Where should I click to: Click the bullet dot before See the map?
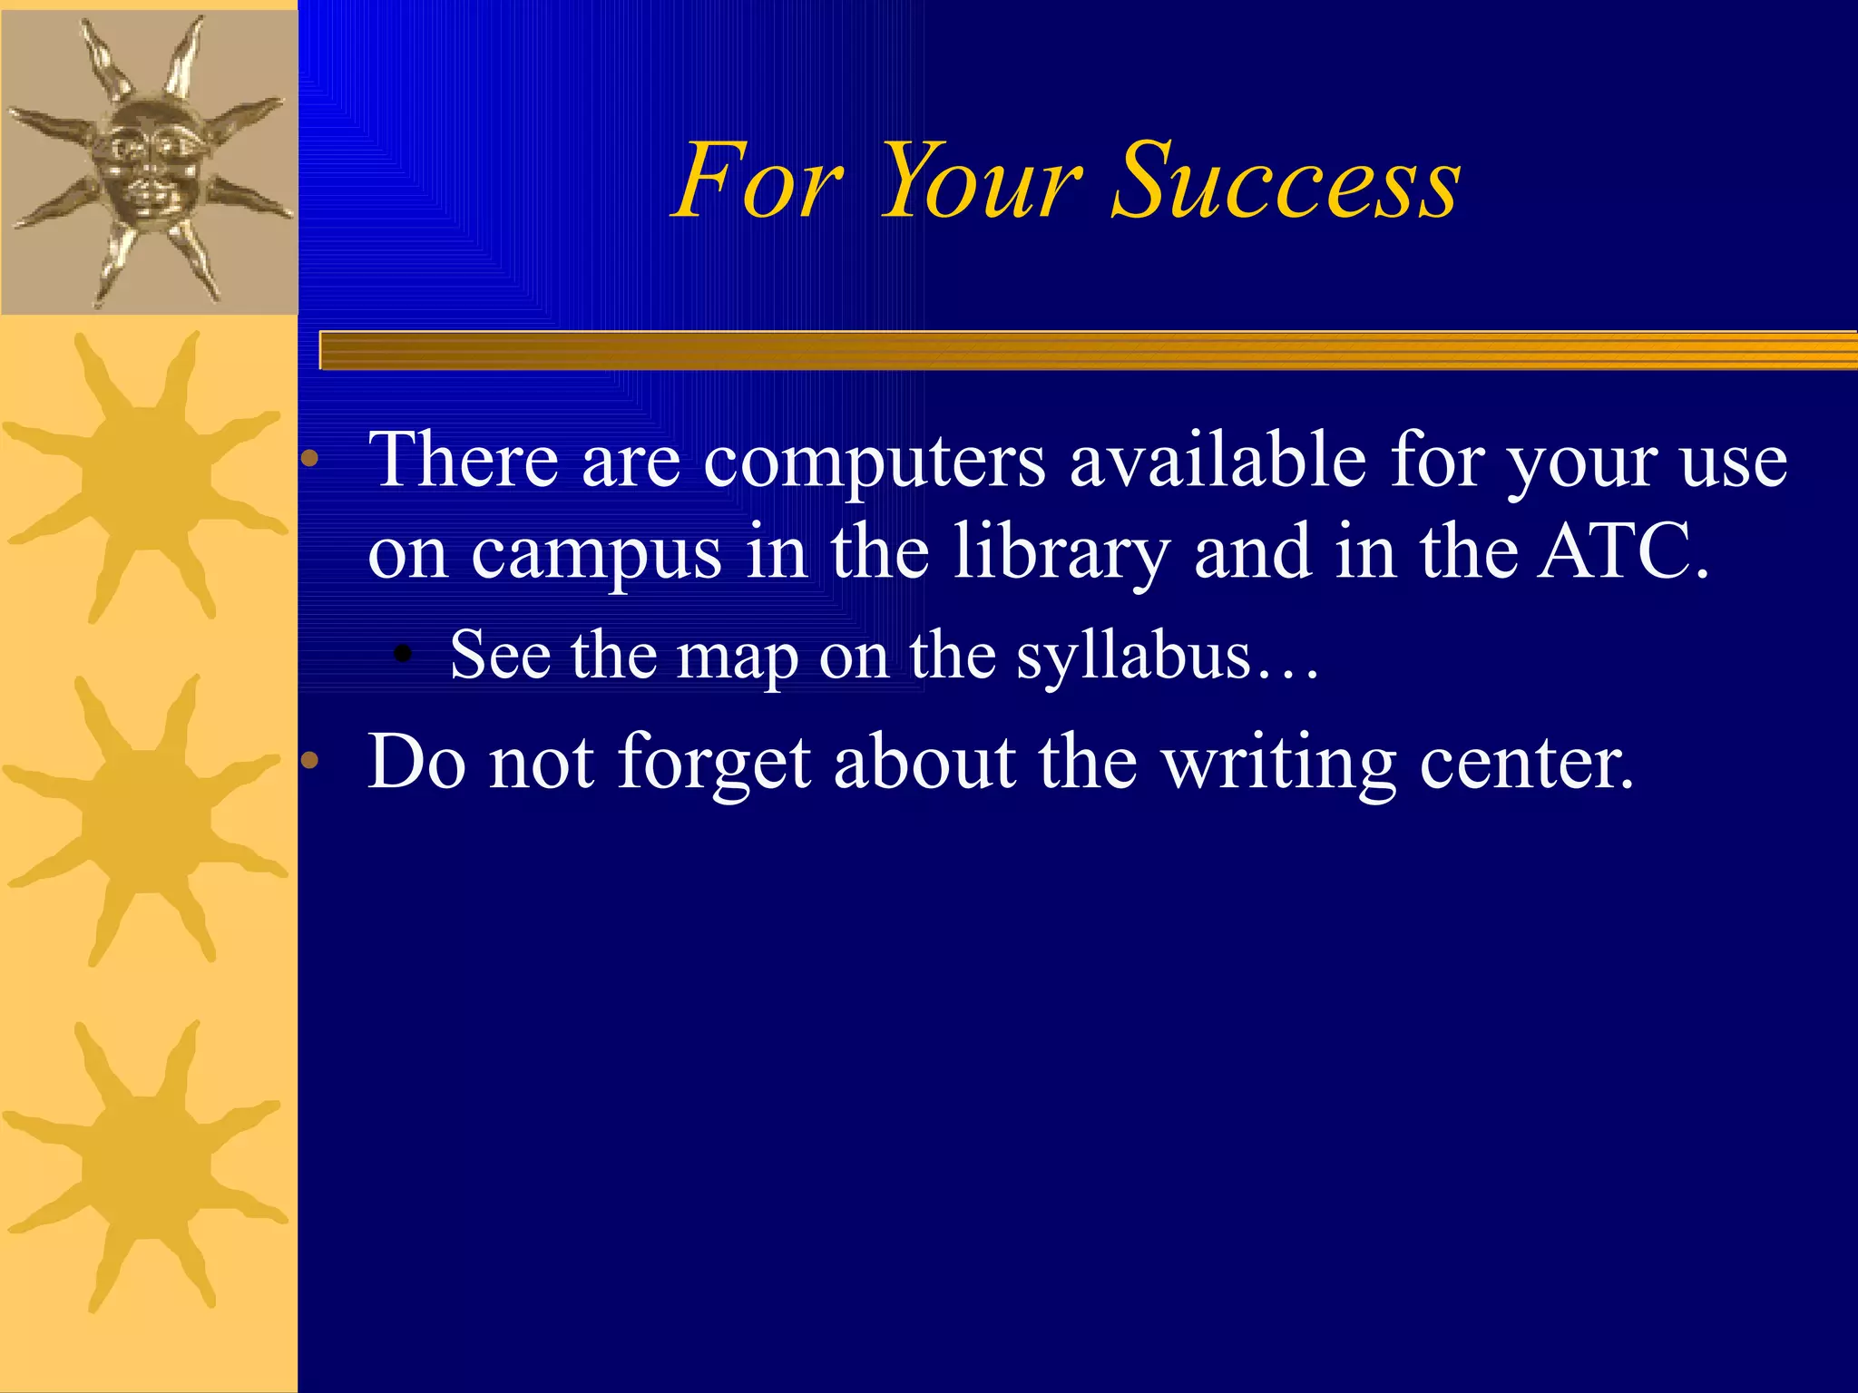coord(404,655)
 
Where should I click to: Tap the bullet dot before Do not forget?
coord(310,761)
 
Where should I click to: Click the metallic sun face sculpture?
coord(149,160)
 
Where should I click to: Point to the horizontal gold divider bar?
coord(1089,351)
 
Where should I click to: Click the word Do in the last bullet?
coord(416,763)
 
